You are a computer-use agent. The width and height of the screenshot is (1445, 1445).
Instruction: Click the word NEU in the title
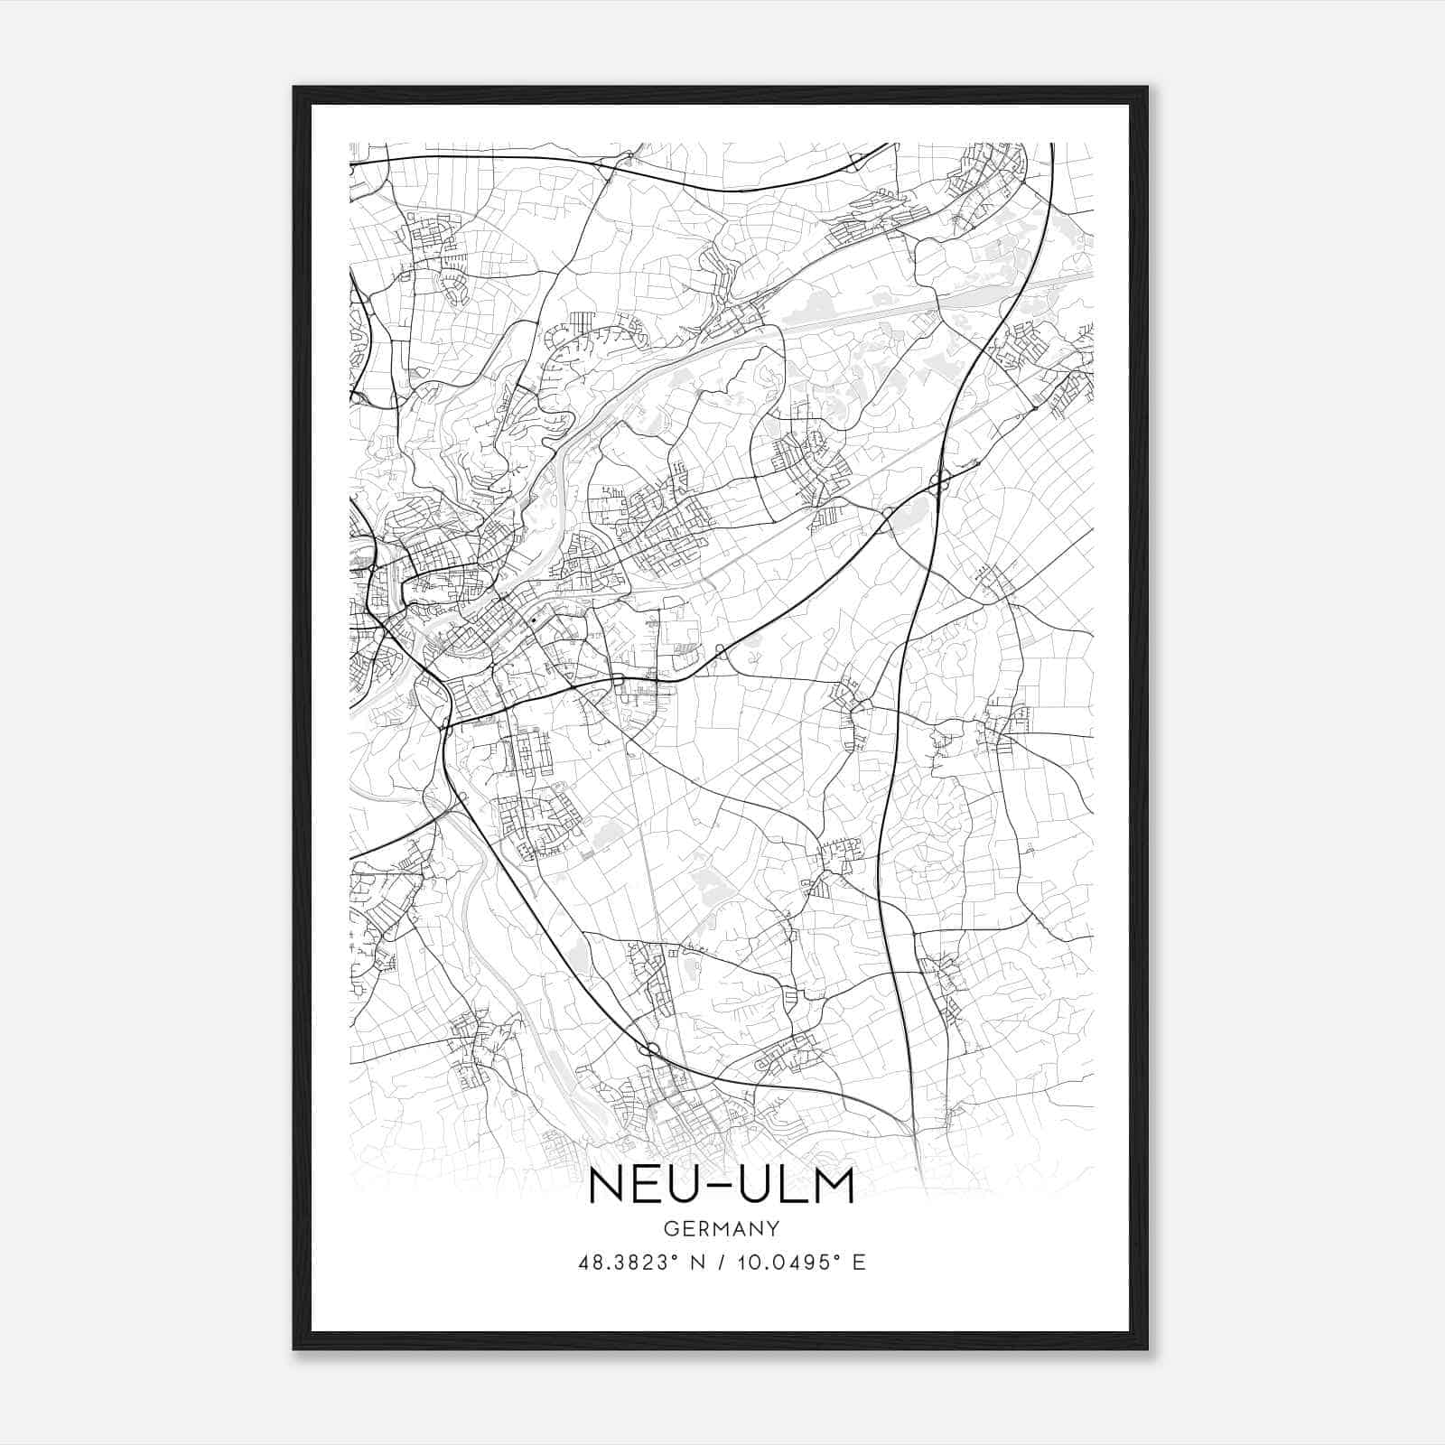641,1185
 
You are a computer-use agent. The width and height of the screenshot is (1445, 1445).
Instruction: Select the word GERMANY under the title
722,1228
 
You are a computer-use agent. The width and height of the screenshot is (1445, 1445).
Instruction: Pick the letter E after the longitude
859,1263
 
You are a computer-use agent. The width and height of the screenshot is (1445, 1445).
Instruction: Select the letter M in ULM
829,1185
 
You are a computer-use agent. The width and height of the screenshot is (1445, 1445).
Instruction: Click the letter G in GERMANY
669,1228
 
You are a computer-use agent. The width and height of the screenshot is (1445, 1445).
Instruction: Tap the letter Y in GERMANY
775,1228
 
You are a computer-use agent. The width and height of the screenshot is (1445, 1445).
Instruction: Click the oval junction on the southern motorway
649,1049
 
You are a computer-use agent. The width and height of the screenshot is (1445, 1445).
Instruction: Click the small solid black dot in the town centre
534,620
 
